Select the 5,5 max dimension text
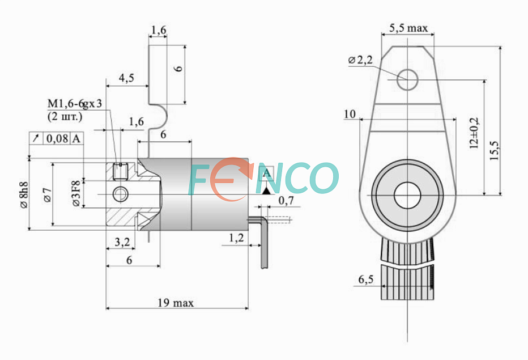point(408,28)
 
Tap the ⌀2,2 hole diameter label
point(360,60)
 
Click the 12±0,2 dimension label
point(474,134)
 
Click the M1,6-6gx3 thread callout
point(74,104)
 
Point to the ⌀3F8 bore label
point(75,193)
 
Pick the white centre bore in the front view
point(407,195)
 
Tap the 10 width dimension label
point(350,115)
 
